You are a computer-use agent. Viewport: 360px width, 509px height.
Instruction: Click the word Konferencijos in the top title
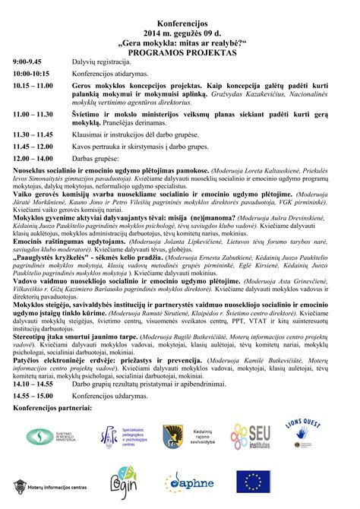[179, 26]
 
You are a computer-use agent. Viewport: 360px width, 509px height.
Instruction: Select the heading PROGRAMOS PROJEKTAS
[179, 55]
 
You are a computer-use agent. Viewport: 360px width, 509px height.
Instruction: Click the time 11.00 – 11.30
[33, 114]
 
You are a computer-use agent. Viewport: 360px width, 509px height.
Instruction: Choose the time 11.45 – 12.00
[33, 145]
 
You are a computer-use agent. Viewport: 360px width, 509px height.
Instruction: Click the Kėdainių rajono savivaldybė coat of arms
[172, 436]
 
